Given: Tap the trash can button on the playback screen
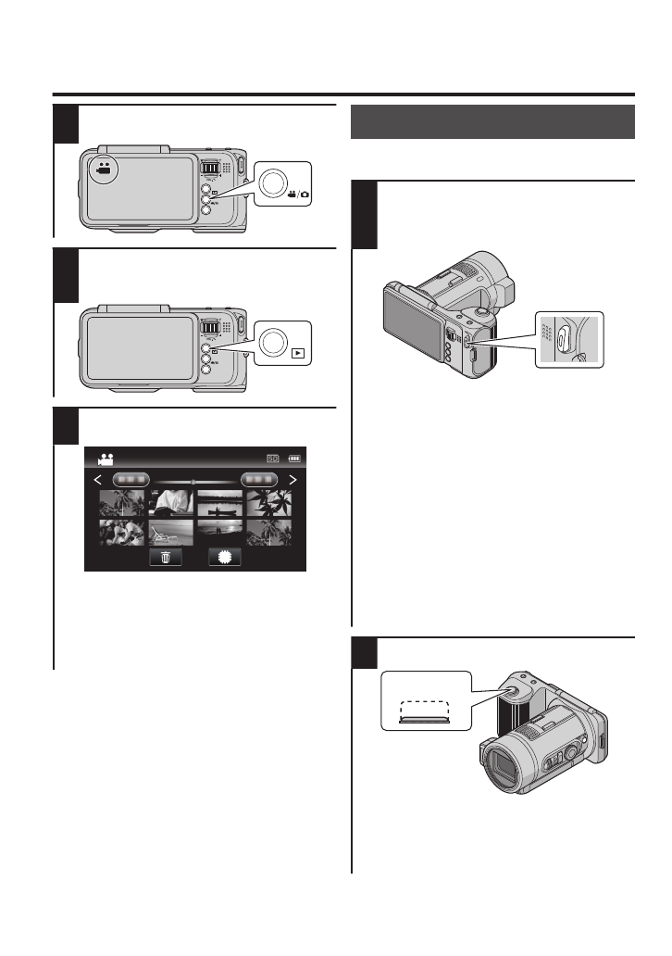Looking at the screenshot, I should coord(166,558).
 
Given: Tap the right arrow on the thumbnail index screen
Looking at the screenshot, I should coord(293,480).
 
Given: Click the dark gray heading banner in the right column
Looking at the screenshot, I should coord(492,121).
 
